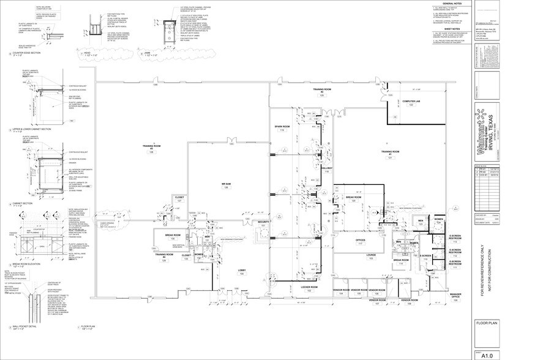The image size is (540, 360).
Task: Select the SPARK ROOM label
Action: [282, 127]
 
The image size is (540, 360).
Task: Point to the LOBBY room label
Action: [241, 270]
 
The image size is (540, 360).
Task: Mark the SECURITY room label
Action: [263, 222]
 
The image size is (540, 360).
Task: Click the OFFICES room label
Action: [360, 241]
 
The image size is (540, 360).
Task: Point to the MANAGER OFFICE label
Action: [455, 296]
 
